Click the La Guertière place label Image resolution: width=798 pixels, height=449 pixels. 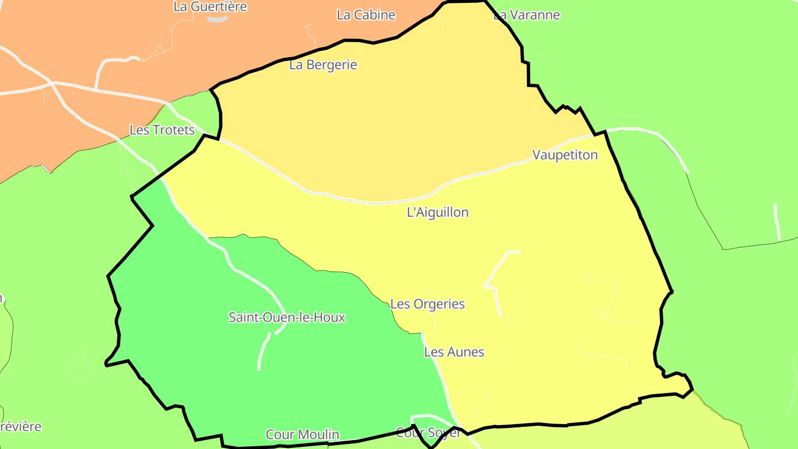tap(210, 7)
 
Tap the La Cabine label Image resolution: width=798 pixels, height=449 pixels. tap(366, 15)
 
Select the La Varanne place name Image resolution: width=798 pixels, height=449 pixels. tap(527, 15)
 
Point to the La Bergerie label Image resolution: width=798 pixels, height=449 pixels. tap(323, 65)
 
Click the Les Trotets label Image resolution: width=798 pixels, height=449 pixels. tap(162, 130)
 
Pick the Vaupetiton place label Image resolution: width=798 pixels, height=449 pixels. tap(565, 155)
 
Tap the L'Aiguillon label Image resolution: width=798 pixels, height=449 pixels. tap(437, 212)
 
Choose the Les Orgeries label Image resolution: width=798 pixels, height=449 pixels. tap(427, 304)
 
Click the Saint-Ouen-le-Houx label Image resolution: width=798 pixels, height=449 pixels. tap(287, 318)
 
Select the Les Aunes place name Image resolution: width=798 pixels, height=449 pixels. tap(454, 352)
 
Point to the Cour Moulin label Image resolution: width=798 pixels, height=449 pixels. tap(302, 435)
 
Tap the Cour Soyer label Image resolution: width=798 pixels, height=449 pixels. tap(428, 433)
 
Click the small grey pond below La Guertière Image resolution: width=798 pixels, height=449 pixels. tap(218, 19)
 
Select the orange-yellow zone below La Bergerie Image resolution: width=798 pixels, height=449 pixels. tap(388, 122)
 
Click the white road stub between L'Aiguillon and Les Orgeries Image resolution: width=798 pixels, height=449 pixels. tap(496, 277)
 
